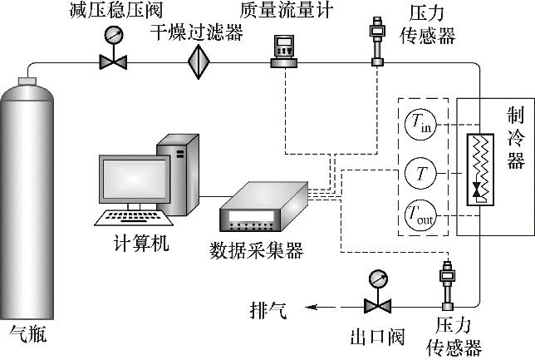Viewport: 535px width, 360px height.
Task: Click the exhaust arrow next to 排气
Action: coord(321,308)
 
